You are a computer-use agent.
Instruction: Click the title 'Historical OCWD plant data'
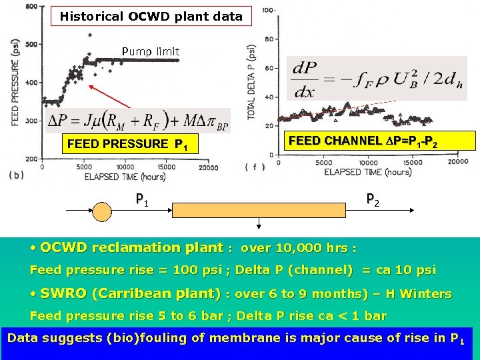(151, 16)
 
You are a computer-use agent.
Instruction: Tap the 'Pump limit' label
(150, 51)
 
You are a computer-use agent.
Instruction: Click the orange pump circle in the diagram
(103, 211)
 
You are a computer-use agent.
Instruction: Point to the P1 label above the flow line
(141, 199)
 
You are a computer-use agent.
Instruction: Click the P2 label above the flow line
(373, 199)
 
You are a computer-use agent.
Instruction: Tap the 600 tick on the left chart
(31, 6)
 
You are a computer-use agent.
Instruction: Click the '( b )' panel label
(17, 174)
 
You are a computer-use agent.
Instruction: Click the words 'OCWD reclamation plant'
(132, 248)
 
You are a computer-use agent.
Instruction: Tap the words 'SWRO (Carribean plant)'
(131, 293)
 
